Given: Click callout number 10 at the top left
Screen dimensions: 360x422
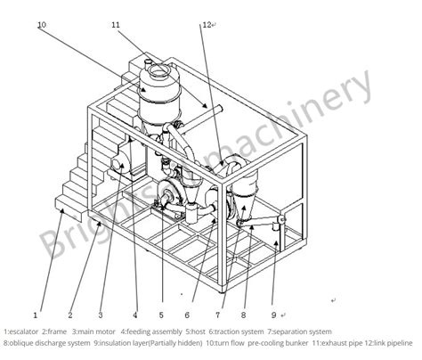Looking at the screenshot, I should [41, 25].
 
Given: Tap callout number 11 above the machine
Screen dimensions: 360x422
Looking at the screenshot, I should [116, 25].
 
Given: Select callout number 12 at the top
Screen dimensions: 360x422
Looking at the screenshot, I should [206, 25].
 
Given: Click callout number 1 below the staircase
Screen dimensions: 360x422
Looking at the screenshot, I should [35, 314].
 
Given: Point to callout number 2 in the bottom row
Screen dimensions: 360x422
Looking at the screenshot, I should [69, 314].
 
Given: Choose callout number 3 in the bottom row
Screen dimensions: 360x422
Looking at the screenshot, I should [101, 314].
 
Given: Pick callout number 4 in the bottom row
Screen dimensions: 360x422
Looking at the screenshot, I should [134, 314].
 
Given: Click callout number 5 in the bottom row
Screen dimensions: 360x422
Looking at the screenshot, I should [161, 314].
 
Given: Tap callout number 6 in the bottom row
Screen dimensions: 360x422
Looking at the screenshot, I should [187, 314].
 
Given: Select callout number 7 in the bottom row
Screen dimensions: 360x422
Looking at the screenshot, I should [219, 314].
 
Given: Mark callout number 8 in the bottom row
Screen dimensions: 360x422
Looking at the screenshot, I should [245, 314].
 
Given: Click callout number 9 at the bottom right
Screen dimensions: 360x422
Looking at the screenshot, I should [272, 314].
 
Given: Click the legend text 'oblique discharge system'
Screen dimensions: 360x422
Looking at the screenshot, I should [49, 342].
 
